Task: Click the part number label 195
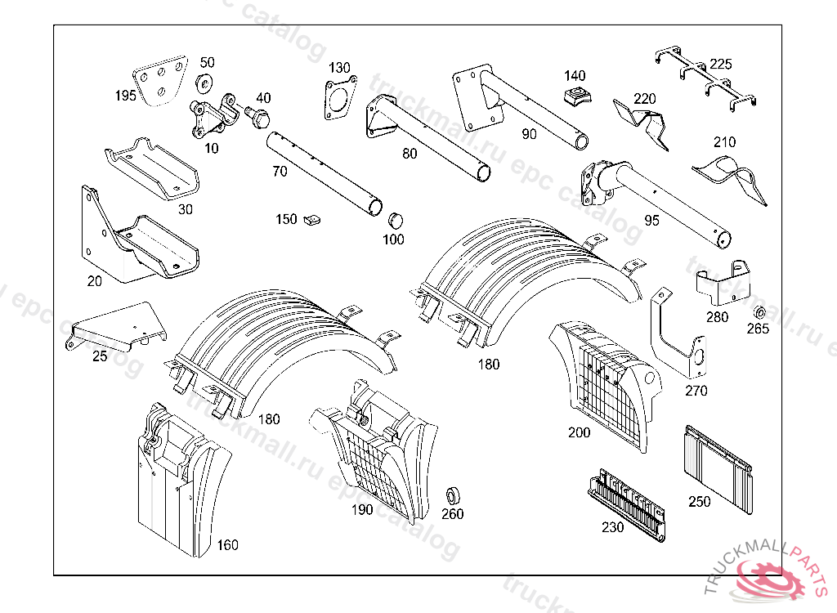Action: tap(125, 96)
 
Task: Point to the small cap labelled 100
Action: tap(395, 219)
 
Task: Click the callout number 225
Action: tap(720, 64)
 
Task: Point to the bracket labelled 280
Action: tap(723, 283)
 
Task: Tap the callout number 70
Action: tap(280, 172)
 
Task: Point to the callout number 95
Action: tap(651, 220)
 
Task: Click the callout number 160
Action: tap(227, 545)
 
